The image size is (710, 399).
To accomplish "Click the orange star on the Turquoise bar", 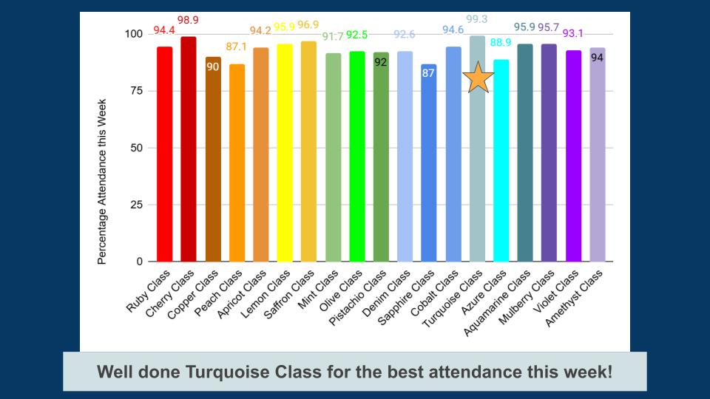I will (x=478, y=78).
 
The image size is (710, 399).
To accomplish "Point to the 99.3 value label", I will (x=477, y=20).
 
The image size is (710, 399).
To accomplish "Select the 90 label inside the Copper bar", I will (x=213, y=66).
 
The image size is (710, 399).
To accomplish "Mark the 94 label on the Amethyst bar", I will (x=597, y=58).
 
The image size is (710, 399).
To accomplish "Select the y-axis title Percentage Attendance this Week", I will (x=103, y=182).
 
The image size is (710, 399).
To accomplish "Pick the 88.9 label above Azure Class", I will (x=501, y=43).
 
